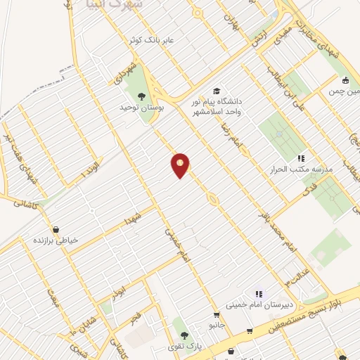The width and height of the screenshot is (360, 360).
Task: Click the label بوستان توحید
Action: [x=143, y=109]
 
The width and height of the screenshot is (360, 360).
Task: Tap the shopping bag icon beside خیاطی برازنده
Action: [x=56, y=229]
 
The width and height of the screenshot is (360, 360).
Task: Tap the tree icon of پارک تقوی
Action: [x=184, y=335]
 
